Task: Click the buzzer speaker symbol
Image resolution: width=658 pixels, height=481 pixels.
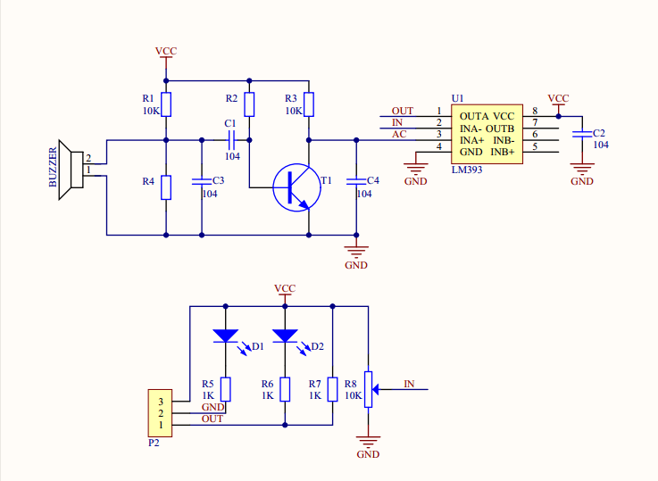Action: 68,170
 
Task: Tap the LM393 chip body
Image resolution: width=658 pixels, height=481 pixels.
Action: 486,134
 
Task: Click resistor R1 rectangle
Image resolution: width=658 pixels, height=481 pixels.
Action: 166,105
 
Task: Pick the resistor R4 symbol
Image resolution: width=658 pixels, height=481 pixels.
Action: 166,187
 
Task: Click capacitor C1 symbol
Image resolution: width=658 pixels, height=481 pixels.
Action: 230,140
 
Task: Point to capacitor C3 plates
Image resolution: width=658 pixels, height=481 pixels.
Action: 202,181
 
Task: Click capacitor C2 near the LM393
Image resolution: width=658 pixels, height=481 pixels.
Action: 582,133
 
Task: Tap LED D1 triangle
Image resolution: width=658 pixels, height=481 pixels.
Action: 225,336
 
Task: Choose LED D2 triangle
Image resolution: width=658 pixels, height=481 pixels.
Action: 285,336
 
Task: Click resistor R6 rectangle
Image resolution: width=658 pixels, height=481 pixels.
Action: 285,389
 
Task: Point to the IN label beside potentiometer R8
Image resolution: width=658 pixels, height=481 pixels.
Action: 409,384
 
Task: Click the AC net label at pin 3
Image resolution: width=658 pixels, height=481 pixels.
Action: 399,134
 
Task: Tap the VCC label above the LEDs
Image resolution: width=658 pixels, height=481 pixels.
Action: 285,288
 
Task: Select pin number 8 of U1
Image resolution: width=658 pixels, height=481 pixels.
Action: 535,111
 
